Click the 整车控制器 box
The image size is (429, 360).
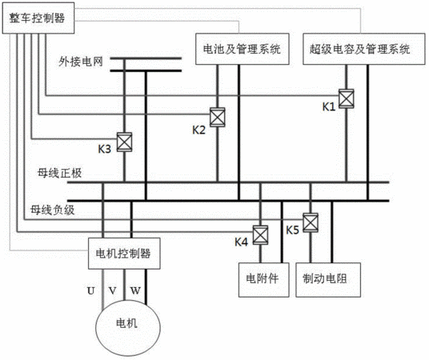38,18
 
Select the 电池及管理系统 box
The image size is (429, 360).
243,49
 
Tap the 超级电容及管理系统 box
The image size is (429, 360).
364,49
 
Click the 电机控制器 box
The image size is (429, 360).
124,254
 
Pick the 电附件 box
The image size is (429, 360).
264,280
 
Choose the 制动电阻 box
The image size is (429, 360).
328,280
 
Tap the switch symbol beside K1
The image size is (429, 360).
346,98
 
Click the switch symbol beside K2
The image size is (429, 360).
218,117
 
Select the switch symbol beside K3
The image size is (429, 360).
125,142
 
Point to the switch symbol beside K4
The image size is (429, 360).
260,234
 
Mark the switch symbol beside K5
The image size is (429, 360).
311,222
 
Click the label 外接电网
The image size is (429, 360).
81,62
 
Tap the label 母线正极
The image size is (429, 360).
60,173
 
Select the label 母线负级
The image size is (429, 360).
53,210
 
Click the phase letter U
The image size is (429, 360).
90,290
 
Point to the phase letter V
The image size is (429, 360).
112,290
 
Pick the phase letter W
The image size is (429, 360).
135,290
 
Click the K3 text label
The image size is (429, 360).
105,149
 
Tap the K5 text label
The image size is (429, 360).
292,230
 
